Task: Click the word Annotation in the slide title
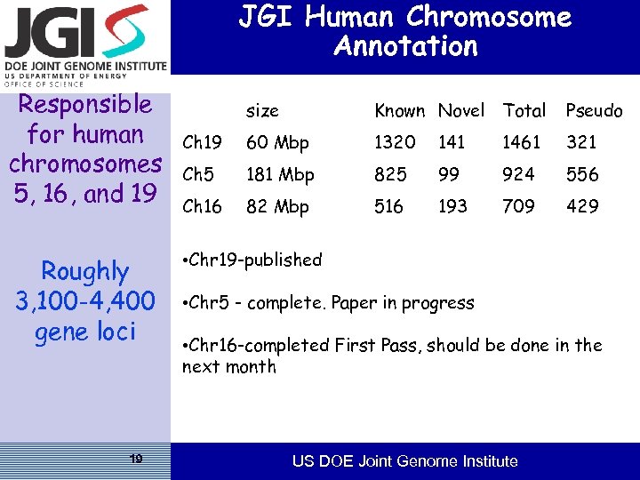[x=405, y=46]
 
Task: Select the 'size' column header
[x=262, y=111]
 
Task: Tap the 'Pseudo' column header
[x=594, y=111]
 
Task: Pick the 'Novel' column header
[x=461, y=111]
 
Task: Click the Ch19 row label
[x=202, y=142]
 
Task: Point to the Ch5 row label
[x=197, y=174]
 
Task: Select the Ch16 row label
[x=202, y=206]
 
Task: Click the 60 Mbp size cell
[x=277, y=142]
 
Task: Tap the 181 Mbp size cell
[x=280, y=174]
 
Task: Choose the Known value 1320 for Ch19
[x=395, y=142]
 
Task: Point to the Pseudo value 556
[x=582, y=174]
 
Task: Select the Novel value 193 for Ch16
[x=452, y=206]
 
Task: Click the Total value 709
[x=519, y=206]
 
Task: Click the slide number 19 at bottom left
[x=135, y=459]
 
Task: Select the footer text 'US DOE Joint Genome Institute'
[x=405, y=461]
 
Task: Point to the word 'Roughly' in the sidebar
[x=85, y=271]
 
